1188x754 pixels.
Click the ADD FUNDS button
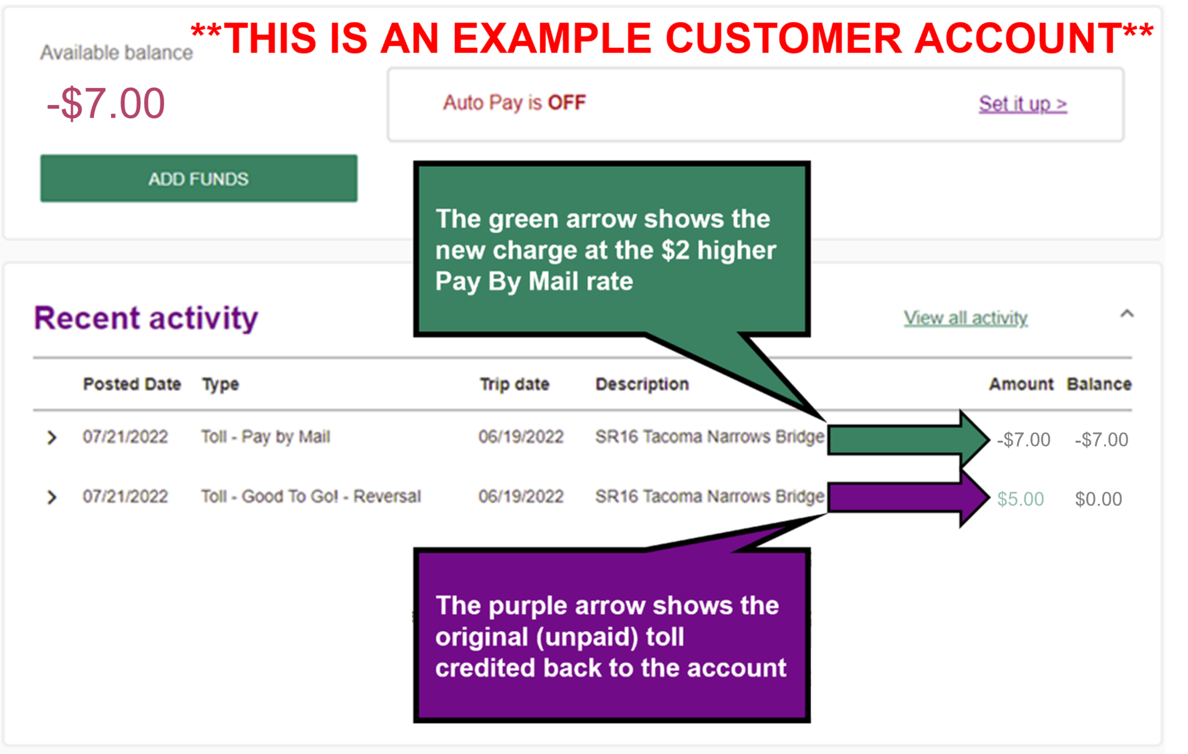[199, 179]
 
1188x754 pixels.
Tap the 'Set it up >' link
[1023, 104]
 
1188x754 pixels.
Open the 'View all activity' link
[966, 318]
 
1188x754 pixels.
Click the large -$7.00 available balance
[106, 103]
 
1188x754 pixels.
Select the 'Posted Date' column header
[132, 384]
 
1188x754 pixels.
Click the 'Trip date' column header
[514, 384]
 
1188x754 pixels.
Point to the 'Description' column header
[642, 384]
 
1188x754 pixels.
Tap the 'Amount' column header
[1021, 384]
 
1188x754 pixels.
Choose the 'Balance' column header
[1099, 384]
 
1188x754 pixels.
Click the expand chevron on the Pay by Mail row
[52, 438]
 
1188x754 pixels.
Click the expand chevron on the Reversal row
[52, 497]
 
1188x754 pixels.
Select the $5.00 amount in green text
[1020, 499]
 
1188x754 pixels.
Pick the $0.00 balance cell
[1098, 499]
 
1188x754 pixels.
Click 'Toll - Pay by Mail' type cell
[266, 437]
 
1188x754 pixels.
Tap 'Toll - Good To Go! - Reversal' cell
[311, 496]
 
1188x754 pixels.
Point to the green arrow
[909, 440]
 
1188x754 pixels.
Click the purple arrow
[909, 498]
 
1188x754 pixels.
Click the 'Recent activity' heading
[146, 318]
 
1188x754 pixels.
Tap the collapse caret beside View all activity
[1127, 313]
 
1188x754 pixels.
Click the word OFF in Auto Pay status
[567, 103]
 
